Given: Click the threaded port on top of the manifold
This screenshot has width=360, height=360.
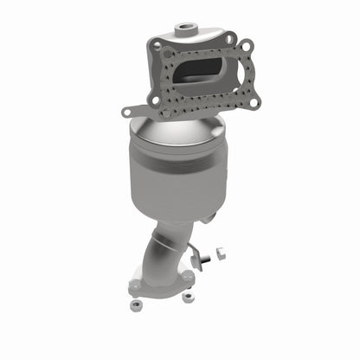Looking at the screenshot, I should pos(185,29).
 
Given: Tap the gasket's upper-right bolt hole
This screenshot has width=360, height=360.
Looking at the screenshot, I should pos(247,46).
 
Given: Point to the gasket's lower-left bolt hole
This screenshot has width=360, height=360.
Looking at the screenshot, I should pos(157,100).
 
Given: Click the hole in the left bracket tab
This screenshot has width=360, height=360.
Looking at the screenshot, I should pos(127,111).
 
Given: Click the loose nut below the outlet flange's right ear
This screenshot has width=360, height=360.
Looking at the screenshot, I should pos(189,297).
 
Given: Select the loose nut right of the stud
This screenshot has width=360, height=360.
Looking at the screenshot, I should pos(218,254).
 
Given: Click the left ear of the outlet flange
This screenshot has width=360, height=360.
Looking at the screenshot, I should pos(133,282).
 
